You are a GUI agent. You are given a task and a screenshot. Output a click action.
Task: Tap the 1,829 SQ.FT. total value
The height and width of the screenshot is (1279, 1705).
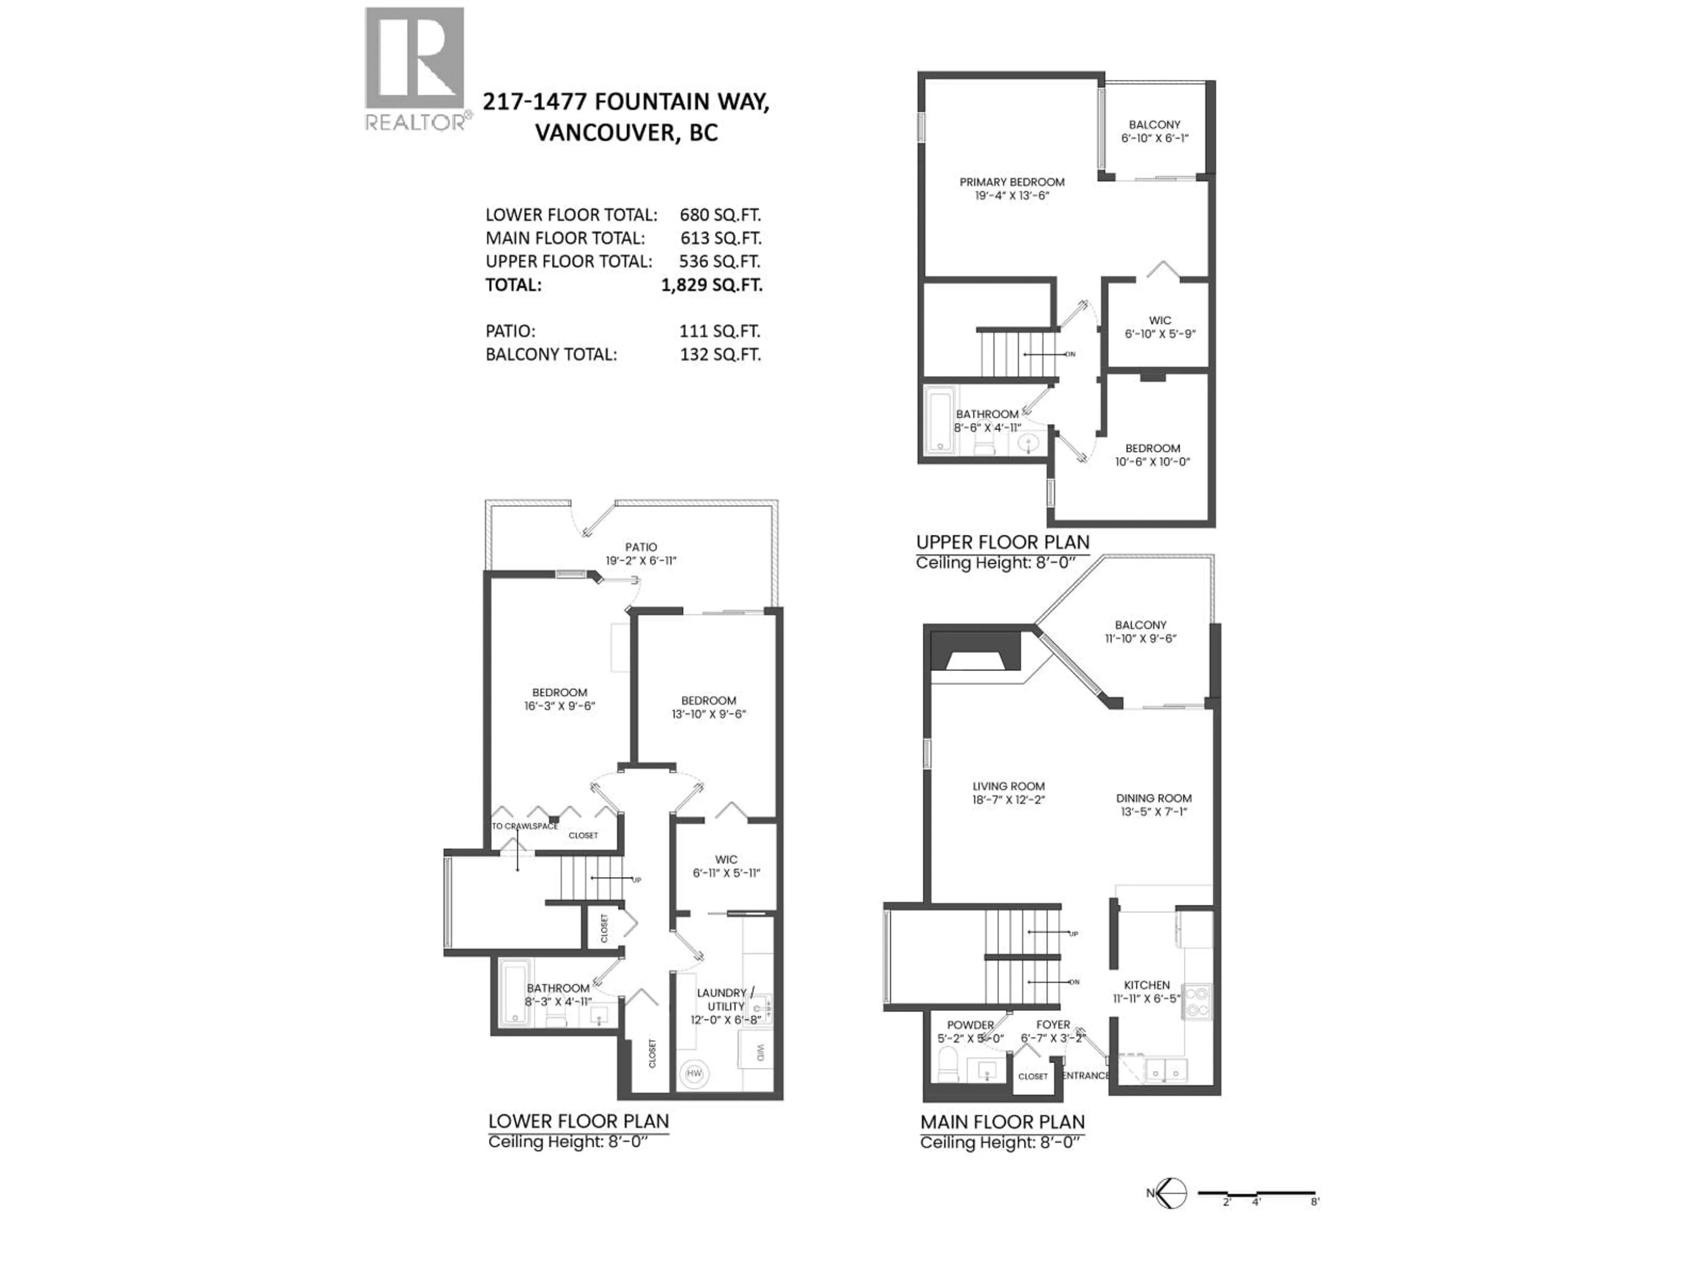(x=711, y=285)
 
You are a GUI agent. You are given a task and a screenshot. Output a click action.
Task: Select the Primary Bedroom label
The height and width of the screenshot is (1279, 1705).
(x=1011, y=182)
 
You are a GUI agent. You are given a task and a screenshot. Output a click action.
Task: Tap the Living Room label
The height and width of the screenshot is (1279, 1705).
(x=1007, y=786)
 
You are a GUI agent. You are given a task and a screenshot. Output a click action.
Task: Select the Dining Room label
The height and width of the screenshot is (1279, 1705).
(x=1153, y=798)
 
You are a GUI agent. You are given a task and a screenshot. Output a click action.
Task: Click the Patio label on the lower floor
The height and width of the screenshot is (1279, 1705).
(x=641, y=547)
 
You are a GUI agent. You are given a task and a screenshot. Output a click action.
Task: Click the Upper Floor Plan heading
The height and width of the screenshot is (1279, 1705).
(x=1002, y=542)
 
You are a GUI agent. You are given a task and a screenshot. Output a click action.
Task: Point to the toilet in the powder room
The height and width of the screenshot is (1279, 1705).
(x=948, y=1068)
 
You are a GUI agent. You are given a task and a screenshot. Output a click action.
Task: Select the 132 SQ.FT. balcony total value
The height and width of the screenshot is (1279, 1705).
(x=720, y=355)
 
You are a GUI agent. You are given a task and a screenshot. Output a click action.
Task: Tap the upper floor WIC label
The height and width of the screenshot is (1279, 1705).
(x=1159, y=320)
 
